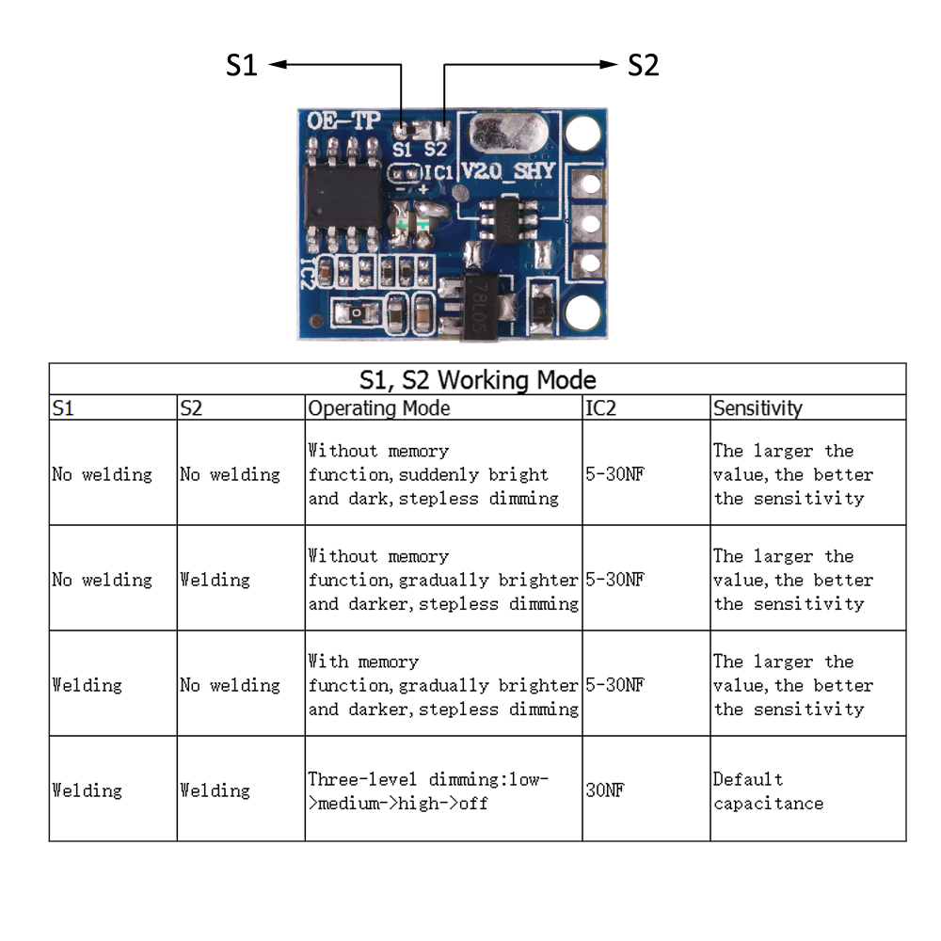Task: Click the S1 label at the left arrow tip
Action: (x=242, y=65)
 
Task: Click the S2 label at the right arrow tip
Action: (x=643, y=65)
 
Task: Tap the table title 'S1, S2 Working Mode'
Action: (x=477, y=379)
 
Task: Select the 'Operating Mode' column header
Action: (x=379, y=407)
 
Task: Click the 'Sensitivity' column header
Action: (x=758, y=407)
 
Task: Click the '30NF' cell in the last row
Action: (x=605, y=790)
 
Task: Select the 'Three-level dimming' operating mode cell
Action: (x=428, y=790)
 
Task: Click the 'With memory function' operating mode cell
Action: (x=442, y=685)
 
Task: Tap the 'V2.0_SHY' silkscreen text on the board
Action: (x=508, y=170)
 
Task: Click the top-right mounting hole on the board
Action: (x=585, y=133)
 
